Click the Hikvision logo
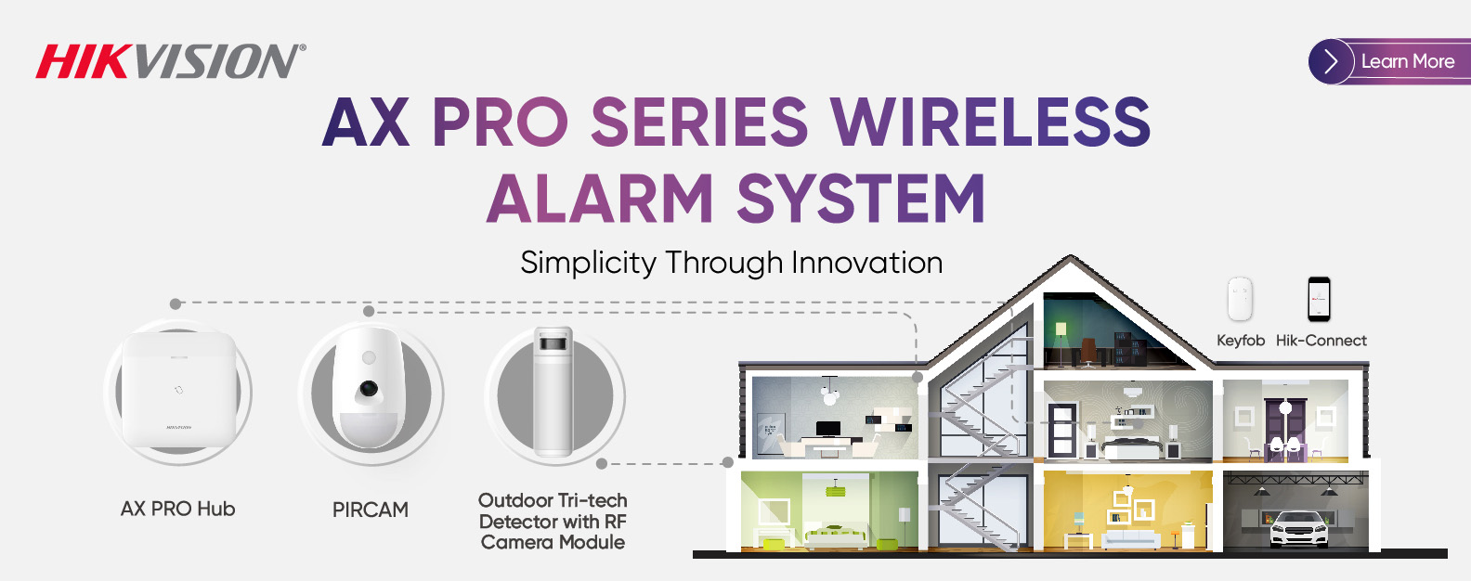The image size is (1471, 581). point(171,61)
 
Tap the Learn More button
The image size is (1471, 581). point(1389,61)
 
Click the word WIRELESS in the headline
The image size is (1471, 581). point(990,123)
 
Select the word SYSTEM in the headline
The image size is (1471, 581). point(861,199)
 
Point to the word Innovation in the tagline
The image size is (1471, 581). point(866,263)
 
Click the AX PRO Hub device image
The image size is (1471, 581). point(178,392)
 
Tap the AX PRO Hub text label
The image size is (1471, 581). point(178,509)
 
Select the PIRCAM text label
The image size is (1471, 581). point(371,510)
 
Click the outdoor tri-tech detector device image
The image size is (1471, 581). point(553,392)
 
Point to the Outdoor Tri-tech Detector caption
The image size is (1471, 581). point(553,522)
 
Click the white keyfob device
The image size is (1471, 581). point(1240,299)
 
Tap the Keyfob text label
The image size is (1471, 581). point(1241,341)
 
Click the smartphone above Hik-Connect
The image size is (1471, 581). point(1319,300)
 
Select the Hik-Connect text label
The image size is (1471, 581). point(1321,341)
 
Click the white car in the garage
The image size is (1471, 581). point(1298,529)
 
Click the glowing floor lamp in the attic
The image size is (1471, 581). point(1059,342)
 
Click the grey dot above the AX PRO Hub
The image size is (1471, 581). point(176,304)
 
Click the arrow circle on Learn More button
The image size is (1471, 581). point(1331,61)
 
